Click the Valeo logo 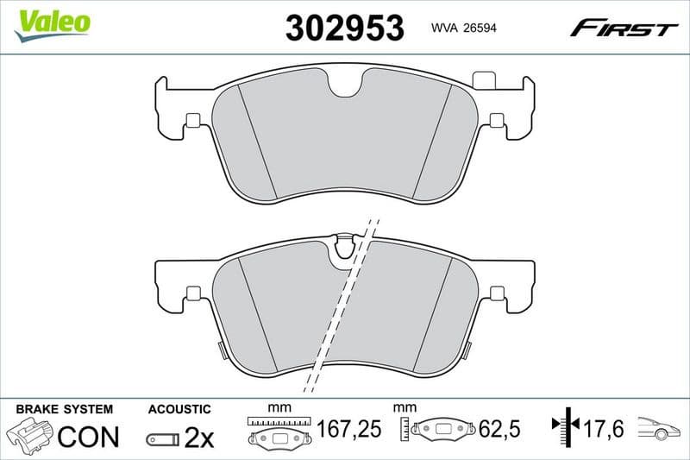(x=53, y=22)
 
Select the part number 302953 (x=344, y=28)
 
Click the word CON (x=88, y=438)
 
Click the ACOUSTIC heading (x=179, y=409)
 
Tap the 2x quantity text (x=199, y=438)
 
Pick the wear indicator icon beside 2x (x=162, y=439)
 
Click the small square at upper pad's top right (x=486, y=81)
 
